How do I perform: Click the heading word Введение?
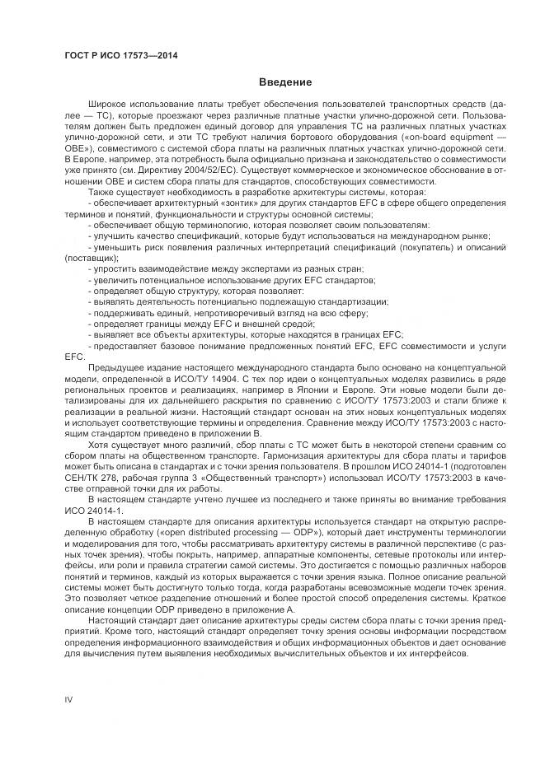[x=284, y=82]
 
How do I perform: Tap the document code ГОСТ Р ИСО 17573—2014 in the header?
[x=121, y=56]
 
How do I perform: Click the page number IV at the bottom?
[x=69, y=699]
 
